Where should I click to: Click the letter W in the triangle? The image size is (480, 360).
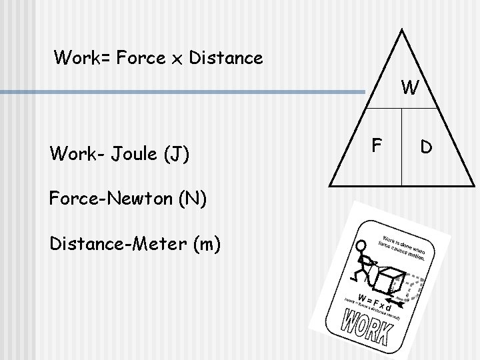pos(410,87)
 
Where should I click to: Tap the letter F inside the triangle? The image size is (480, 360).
pos(376,145)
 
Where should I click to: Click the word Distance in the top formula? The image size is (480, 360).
pos(226,58)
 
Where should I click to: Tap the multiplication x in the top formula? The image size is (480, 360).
pos(178,59)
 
